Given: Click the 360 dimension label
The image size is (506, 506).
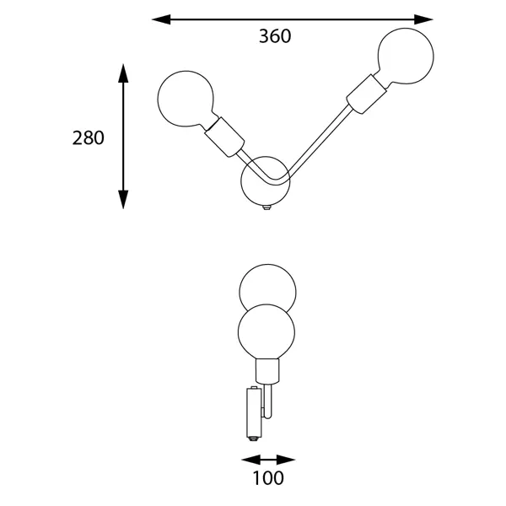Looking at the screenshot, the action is click(x=275, y=36).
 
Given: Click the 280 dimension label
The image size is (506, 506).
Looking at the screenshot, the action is click(x=88, y=137).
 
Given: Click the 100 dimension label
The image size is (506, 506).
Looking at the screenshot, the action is click(x=268, y=478).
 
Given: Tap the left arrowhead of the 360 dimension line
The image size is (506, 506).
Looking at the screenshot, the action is click(x=161, y=19).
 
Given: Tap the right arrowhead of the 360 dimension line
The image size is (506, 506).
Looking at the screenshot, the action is click(x=423, y=19).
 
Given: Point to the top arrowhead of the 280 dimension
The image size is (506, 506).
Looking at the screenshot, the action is click(x=123, y=73).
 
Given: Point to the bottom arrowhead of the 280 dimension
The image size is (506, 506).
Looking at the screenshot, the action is click(x=123, y=199).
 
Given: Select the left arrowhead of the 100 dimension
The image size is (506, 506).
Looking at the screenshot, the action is click(x=250, y=460).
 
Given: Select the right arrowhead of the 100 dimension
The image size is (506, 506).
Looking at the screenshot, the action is click(x=286, y=460).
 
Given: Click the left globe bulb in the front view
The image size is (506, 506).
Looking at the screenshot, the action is click(x=186, y=99).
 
